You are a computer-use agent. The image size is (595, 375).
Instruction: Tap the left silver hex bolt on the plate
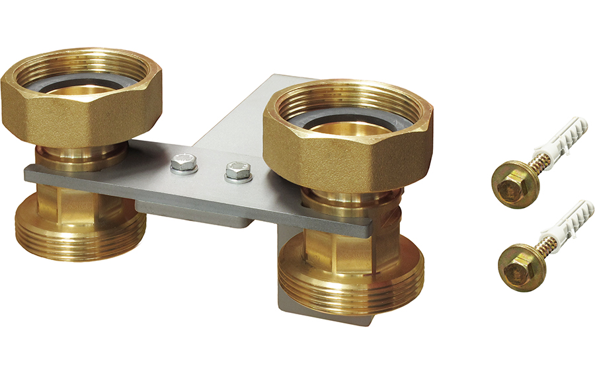tap(184, 162)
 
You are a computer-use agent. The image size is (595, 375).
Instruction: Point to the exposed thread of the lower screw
tap(541, 248)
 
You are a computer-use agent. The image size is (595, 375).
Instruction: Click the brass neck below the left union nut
tap(79, 156)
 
